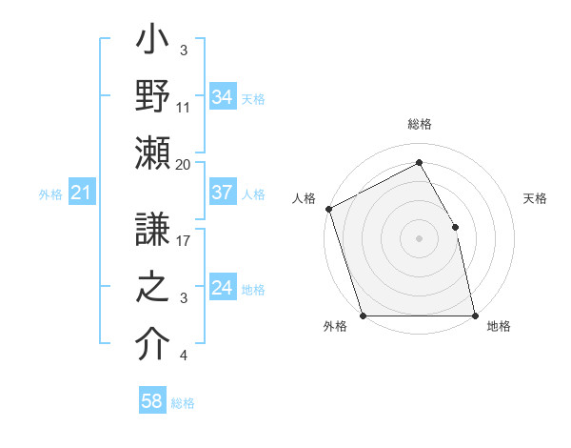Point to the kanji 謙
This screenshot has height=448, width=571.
152,230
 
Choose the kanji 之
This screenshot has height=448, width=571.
152,288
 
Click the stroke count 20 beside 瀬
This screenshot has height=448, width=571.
184,165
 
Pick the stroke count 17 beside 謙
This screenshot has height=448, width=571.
184,242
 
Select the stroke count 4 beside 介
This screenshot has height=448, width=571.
184,356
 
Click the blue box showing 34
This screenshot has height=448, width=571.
223,97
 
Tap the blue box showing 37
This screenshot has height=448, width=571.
223,193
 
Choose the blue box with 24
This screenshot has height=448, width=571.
223,288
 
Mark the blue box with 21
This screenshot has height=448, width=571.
82,193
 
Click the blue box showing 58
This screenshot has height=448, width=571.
152,402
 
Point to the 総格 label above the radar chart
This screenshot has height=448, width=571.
419,125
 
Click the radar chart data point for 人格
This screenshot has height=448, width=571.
328,209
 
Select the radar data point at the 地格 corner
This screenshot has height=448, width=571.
475,315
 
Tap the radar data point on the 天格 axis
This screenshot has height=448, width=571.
455,227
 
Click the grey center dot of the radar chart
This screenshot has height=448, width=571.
419,238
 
